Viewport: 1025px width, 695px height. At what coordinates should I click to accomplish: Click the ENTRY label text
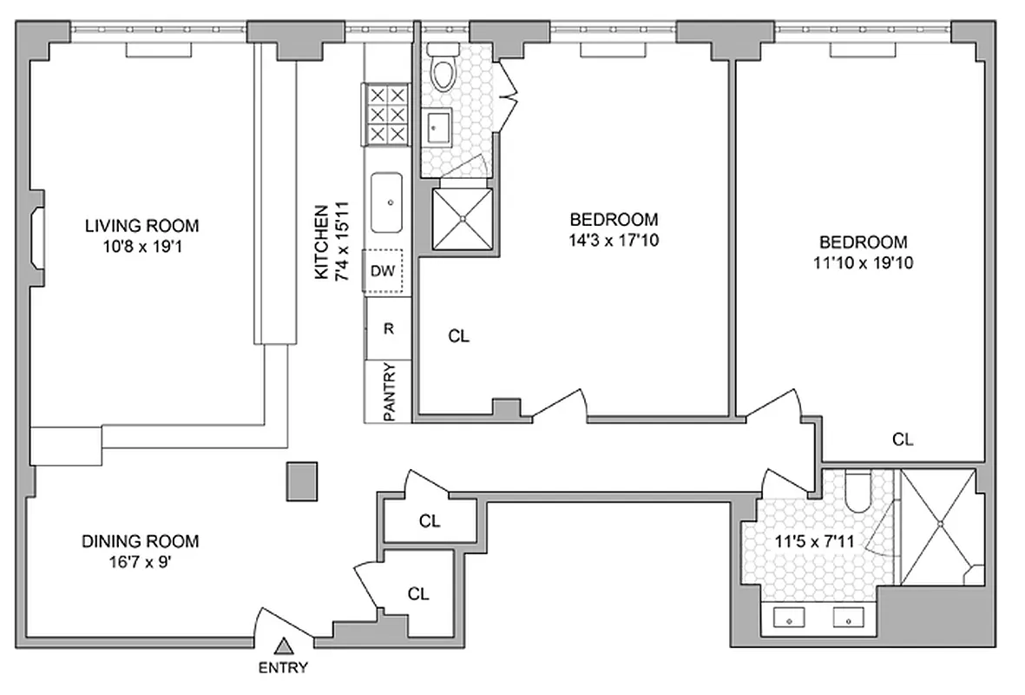283,668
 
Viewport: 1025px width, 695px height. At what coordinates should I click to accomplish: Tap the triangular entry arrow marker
283,646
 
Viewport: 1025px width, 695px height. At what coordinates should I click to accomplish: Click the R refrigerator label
389,328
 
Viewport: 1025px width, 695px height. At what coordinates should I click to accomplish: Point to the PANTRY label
389,392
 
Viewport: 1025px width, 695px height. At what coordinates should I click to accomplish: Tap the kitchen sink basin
387,202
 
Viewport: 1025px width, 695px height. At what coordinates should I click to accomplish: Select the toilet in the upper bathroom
444,70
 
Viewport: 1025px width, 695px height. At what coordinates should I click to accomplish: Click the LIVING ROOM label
141,226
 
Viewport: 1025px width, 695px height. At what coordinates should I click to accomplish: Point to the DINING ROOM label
141,541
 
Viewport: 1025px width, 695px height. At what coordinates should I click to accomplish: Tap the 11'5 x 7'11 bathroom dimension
814,541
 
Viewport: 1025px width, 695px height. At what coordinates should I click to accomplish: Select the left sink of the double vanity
788,619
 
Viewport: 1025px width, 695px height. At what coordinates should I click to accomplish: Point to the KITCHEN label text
322,242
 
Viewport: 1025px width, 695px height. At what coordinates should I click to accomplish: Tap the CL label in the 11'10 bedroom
903,440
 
